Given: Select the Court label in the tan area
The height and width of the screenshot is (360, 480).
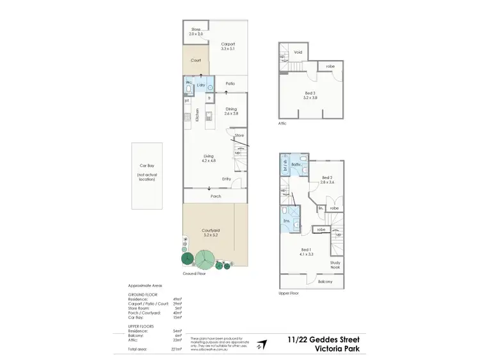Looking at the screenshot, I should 196,61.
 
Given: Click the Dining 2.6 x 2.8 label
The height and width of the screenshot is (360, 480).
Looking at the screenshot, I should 231,111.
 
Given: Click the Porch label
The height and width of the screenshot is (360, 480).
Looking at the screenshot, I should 216,196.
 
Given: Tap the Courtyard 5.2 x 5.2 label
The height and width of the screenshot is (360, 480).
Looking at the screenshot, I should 211,233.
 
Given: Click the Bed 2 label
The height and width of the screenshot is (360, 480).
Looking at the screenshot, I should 327,180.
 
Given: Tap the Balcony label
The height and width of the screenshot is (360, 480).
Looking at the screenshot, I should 326,281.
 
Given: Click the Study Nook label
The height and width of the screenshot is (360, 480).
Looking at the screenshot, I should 335,264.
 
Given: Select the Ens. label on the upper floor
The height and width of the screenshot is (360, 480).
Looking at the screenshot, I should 287,221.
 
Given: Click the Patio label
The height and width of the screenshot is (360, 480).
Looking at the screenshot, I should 230,84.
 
